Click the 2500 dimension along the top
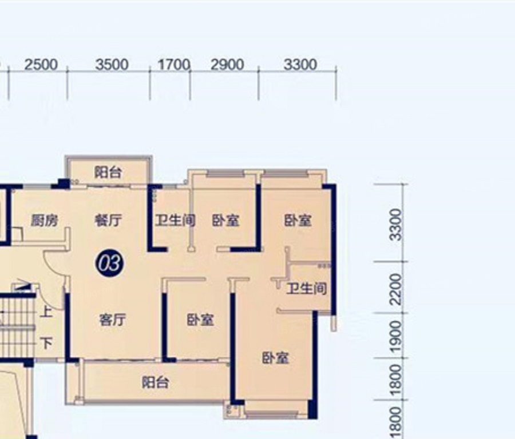coord(41,65)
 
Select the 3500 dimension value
coord(112,65)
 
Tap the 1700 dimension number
coord(174,65)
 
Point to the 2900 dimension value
coord(227,65)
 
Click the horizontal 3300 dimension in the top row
coord(300,65)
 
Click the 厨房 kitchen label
coord(44,220)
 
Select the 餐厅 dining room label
coord(108,220)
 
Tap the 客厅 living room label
coord(112,320)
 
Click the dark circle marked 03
coord(110,264)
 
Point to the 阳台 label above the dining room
coord(108,172)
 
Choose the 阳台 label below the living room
coord(155,382)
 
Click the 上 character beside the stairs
coord(46,312)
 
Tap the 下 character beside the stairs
coord(47,343)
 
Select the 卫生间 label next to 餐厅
coord(175,220)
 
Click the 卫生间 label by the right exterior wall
coord(307,289)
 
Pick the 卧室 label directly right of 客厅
coord(200,320)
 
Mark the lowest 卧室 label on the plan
coord(275,358)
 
